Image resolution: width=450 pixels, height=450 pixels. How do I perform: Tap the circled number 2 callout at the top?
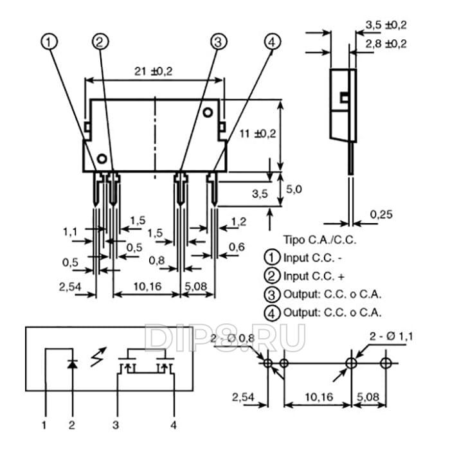coord(100,42)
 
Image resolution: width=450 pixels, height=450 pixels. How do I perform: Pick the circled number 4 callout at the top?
coord(272,42)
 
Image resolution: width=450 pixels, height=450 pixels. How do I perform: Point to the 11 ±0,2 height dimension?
coord(256,134)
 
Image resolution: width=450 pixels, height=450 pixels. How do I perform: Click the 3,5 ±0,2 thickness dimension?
coord(385,25)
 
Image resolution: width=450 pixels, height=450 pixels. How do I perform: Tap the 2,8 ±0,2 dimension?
coord(385,44)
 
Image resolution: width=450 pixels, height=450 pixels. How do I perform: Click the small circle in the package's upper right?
coord(208,113)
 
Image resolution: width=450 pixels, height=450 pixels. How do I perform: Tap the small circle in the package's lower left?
coord(102,158)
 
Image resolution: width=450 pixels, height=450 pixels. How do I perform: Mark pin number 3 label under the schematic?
coord(116,424)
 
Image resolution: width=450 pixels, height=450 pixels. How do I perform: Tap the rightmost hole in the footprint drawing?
coord(385,363)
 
